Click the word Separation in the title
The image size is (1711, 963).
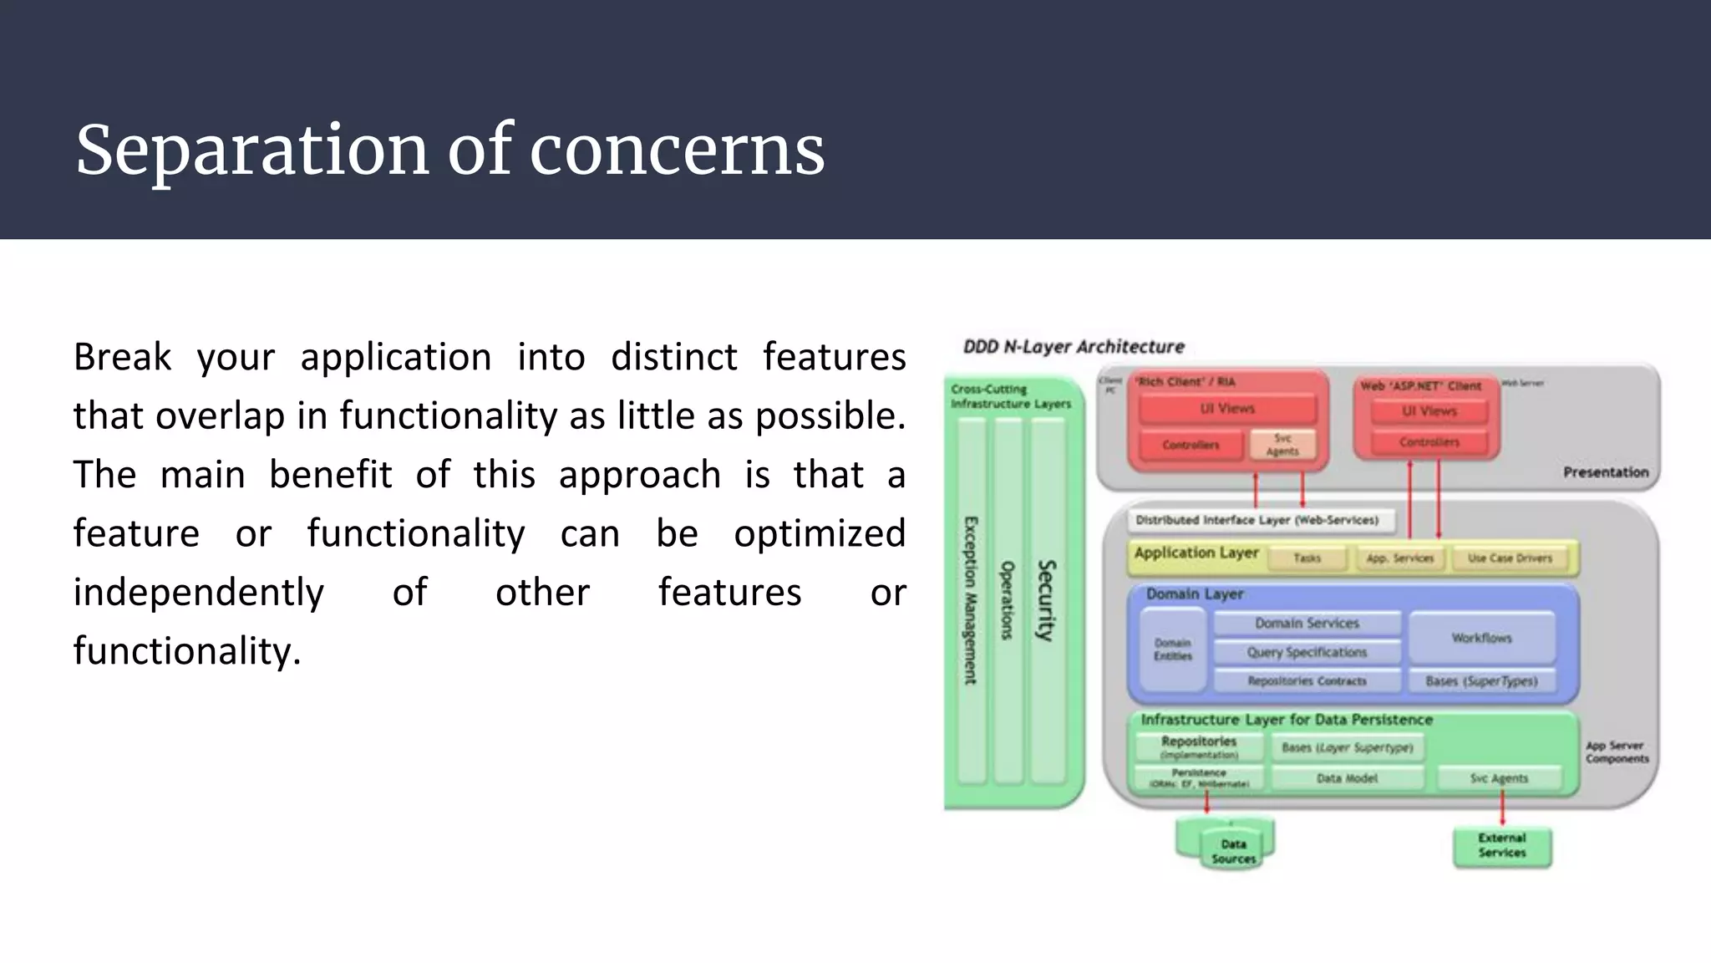251,150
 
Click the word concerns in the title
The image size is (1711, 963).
677,150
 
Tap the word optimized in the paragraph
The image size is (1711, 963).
820,533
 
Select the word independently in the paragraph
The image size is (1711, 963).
198,592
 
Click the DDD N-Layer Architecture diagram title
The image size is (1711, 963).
1074,347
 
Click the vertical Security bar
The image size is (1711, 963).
1047,600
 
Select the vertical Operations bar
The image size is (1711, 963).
1008,600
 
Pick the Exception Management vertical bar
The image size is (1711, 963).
971,600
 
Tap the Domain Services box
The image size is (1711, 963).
1307,624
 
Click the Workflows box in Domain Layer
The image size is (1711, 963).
1481,638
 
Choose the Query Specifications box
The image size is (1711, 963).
1307,652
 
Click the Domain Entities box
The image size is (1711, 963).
1173,650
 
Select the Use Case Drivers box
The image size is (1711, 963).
1510,558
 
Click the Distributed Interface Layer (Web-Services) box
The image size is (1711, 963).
1257,520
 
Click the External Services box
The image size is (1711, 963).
1501,846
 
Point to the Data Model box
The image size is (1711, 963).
1347,778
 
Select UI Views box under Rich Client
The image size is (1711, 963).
1227,409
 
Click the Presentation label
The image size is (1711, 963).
1606,472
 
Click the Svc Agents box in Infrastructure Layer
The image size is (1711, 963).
1499,778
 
